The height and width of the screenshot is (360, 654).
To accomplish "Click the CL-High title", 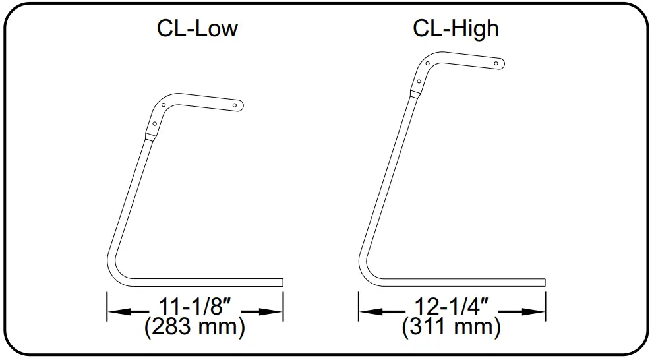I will coord(456,30).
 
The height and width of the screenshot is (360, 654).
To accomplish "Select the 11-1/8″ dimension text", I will coord(194,307).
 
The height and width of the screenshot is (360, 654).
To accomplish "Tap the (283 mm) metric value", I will coord(194,327).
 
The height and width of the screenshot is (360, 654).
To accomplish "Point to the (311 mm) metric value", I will coord(452,327).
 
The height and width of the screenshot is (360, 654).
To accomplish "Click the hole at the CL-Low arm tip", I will coord(236,104).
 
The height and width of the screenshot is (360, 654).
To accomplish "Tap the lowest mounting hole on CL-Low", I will coord(155,123).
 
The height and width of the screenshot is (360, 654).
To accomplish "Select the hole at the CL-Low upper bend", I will coord(163,105).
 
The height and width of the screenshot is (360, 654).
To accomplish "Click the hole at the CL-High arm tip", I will coord(497,64).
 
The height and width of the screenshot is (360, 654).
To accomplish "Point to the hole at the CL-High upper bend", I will coord(428,64).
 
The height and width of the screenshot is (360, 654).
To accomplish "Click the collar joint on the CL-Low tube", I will coord(151,136).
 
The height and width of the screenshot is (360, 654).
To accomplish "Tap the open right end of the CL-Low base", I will coord(282,282).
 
